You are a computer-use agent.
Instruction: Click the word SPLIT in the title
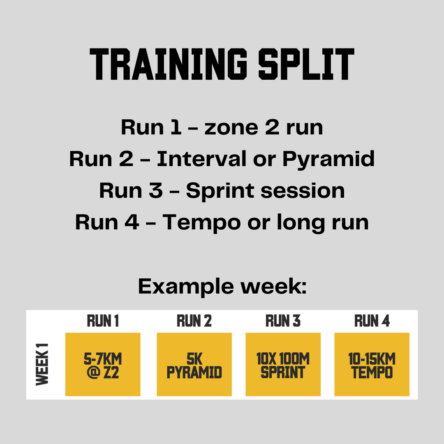[x=306, y=65]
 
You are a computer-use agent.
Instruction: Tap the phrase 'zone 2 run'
[x=264, y=127]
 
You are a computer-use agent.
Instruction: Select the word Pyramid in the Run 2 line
[x=328, y=159]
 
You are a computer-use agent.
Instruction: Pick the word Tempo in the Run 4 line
[x=201, y=222]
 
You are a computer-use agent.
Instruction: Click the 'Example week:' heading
[x=222, y=286]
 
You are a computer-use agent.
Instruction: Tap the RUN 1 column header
[x=103, y=321]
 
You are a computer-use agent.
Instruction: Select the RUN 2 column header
[x=194, y=321]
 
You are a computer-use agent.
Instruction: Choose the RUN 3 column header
[x=283, y=321]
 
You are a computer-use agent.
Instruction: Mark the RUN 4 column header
[x=372, y=321]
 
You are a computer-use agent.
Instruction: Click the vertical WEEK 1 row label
[x=42, y=364]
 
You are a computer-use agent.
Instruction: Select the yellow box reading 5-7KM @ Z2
[x=103, y=364]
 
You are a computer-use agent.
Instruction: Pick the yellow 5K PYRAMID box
[x=194, y=364]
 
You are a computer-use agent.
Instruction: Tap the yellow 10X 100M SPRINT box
[x=283, y=364]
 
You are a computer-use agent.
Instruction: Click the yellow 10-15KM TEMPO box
[x=372, y=364]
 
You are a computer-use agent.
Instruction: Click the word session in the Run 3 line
[x=301, y=191]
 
